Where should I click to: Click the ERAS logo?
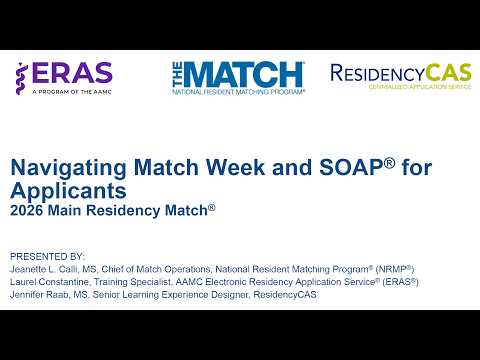pos(63,76)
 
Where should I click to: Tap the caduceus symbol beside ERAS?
pos(22,75)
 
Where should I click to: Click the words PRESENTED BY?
pos(47,256)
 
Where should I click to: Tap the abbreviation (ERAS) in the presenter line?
pos(399,282)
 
